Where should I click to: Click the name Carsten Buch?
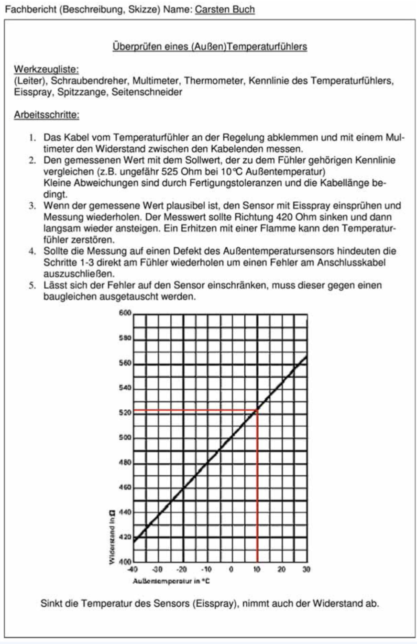(x=224, y=10)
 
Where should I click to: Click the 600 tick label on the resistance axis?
(x=124, y=314)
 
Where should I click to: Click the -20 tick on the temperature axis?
(x=181, y=570)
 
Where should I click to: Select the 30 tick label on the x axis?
(x=307, y=570)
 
